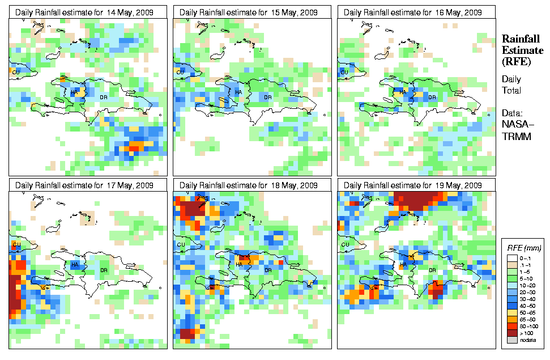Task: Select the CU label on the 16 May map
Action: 344,72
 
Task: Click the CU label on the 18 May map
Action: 180,245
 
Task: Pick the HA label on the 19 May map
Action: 403,264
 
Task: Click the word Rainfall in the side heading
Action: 522,39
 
